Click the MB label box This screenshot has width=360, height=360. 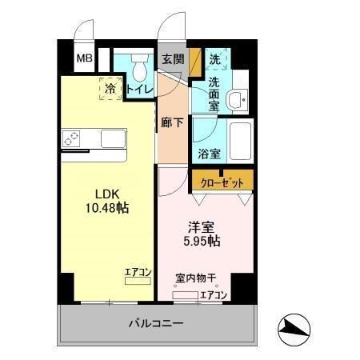[83, 58]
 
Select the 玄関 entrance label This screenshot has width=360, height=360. [172, 59]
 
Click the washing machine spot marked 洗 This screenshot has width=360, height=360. [215, 59]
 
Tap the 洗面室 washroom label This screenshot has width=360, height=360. [215, 89]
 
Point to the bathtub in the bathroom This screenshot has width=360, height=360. [238, 141]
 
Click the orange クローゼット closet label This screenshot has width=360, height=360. [222, 181]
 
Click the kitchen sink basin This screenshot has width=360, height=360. [112, 138]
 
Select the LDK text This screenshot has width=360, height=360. [109, 194]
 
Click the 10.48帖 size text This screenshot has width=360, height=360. [109, 207]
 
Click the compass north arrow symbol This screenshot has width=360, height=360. [294, 328]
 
